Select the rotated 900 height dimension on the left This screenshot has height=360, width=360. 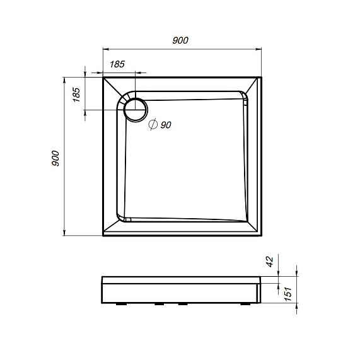55,158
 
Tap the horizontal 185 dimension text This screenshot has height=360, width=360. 117,64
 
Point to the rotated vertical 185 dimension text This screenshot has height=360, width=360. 76,95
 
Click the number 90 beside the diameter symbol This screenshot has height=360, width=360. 166,125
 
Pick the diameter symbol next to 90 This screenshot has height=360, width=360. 153,125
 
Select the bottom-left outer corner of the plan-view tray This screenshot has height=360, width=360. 103,236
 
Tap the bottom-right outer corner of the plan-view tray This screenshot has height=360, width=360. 261,236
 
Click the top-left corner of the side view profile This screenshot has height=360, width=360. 102,277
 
